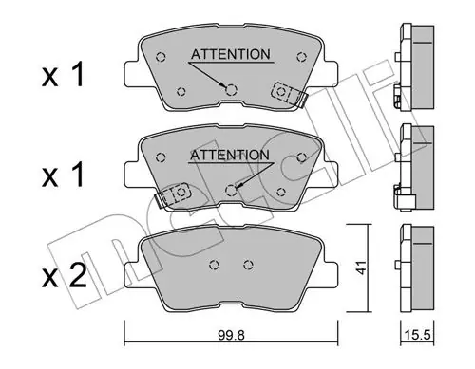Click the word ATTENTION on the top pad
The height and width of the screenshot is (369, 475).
coord(231,54)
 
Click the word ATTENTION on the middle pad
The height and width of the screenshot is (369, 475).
coord(230,155)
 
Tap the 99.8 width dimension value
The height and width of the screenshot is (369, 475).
coord(231,336)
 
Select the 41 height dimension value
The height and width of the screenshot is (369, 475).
coord(361,268)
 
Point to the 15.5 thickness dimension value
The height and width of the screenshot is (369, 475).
coord(418,335)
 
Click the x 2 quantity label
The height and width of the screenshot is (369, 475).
coord(65,276)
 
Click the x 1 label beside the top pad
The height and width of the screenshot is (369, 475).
coord(63,75)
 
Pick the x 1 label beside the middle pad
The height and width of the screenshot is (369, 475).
coord(63,175)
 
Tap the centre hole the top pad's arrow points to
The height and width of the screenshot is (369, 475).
coord(232,90)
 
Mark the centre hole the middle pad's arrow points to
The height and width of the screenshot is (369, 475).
coord(232,190)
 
